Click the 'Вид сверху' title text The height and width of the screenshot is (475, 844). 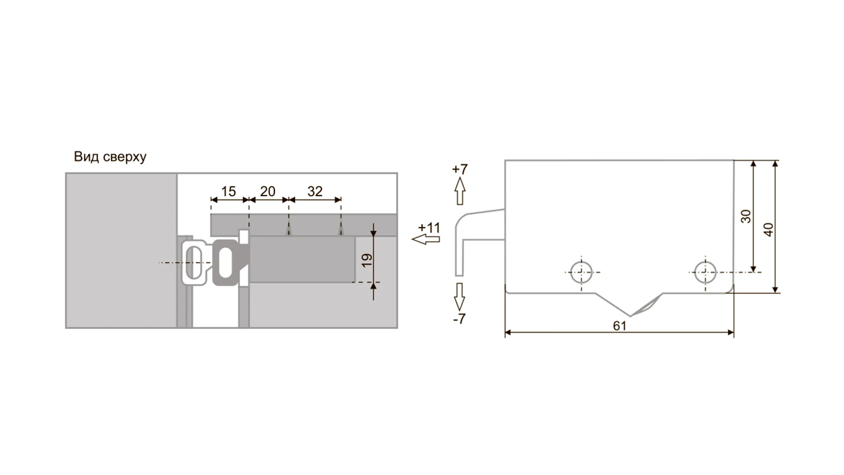(110, 157)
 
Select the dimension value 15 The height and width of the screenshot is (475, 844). (229, 191)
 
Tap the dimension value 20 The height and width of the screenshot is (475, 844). (268, 191)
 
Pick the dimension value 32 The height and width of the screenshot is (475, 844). (315, 191)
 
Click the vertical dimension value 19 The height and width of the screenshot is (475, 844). (367, 260)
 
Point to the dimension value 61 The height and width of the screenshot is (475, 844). (619, 326)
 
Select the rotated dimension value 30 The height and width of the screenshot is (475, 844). (746, 216)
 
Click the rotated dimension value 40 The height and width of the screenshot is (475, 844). (768, 230)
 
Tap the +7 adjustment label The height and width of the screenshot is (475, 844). (460, 169)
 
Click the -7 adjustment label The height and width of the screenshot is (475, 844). (459, 319)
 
